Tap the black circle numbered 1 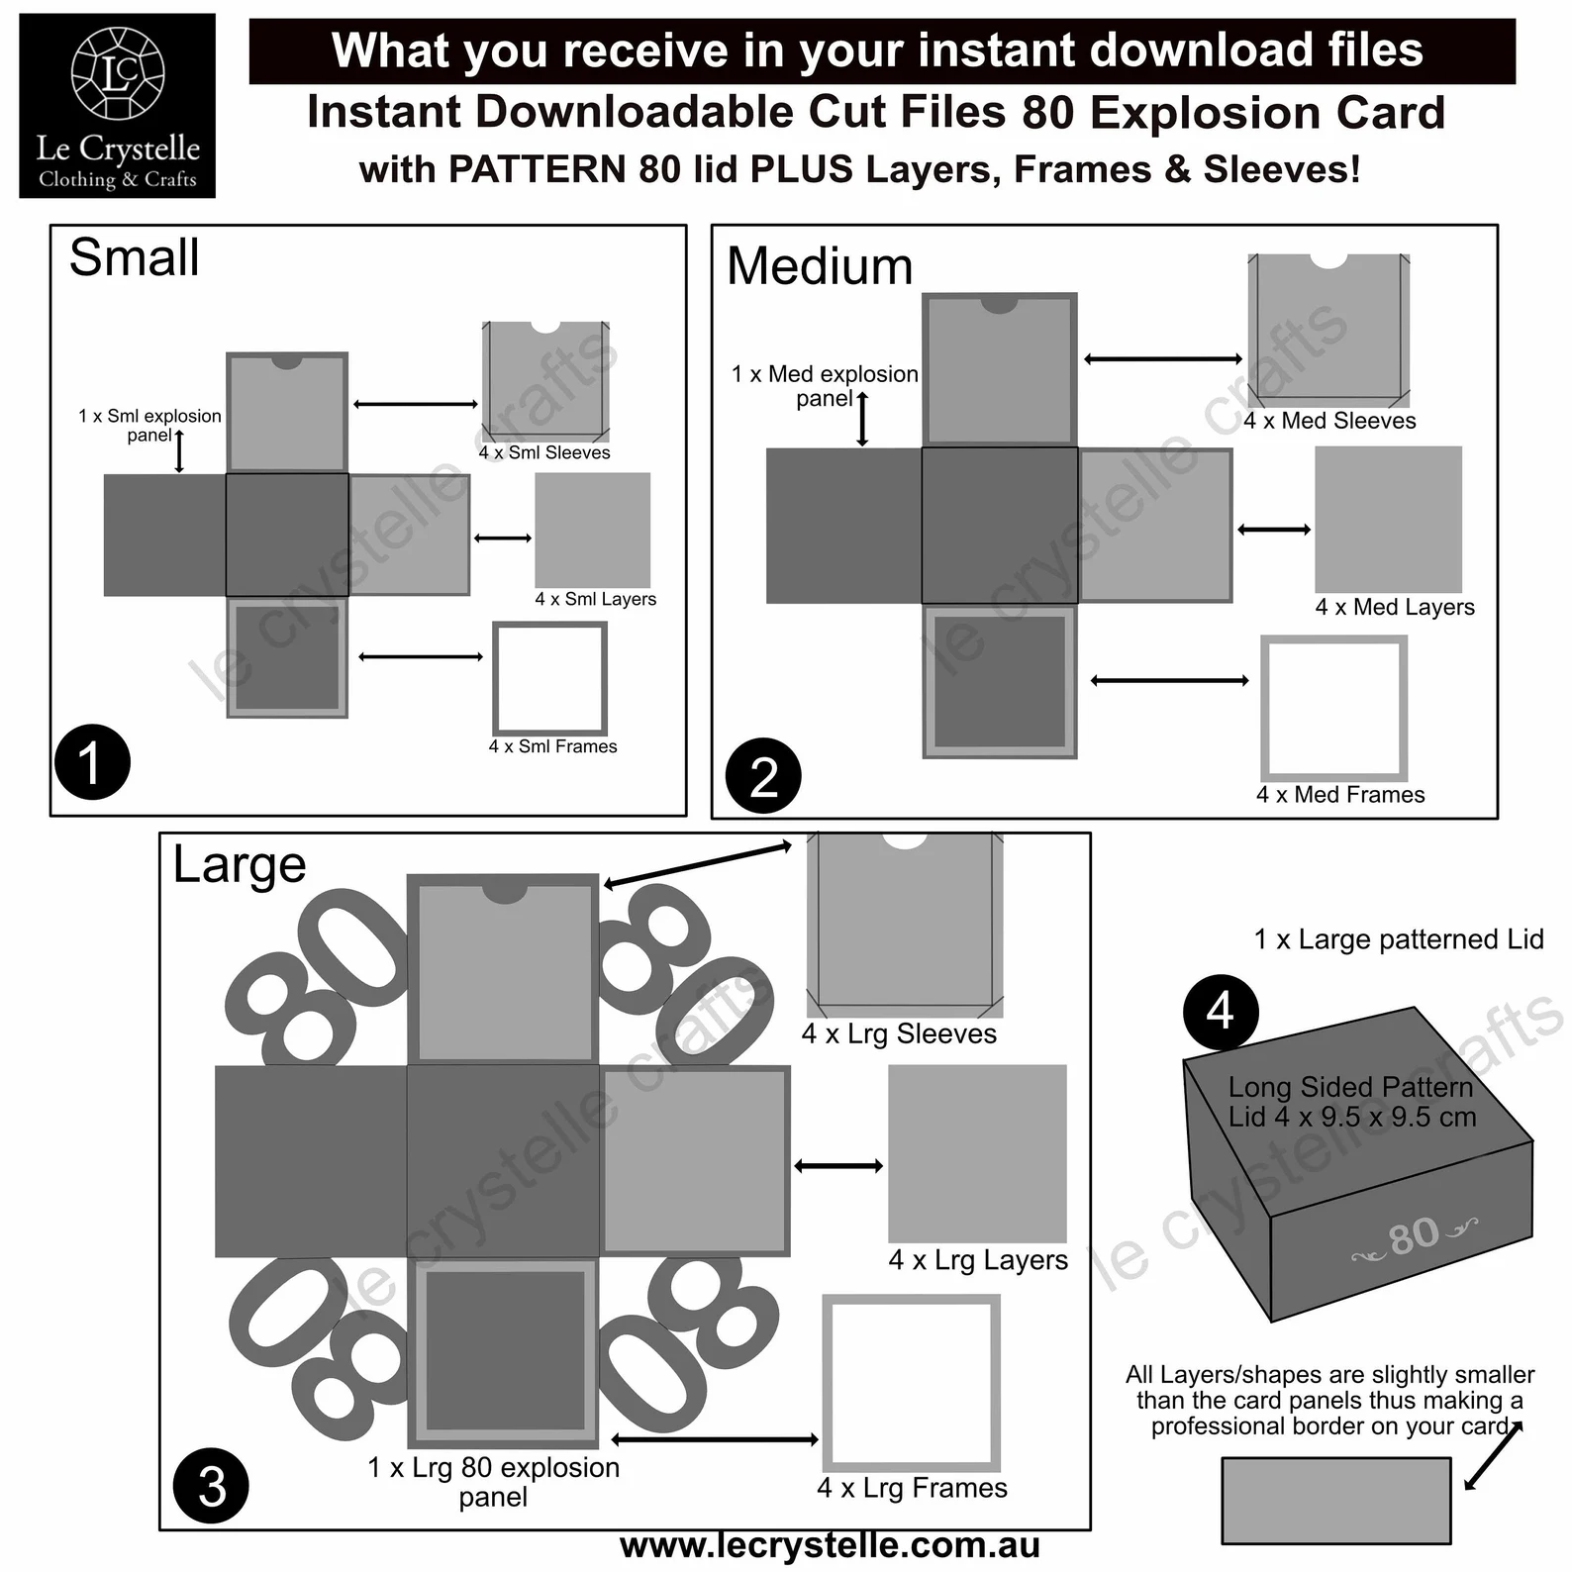(x=92, y=762)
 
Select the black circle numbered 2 (x=763, y=776)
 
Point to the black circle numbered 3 (x=211, y=1486)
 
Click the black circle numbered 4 (x=1221, y=1012)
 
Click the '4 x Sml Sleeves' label (x=544, y=453)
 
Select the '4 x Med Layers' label (x=1394, y=607)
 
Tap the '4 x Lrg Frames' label (x=912, y=1488)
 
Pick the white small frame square (x=549, y=678)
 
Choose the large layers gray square (x=977, y=1153)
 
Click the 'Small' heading (x=135, y=257)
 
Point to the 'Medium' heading (x=820, y=266)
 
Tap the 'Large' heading (x=240, y=864)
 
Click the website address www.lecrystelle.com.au (x=830, y=1545)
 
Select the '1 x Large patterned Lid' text (x=1398, y=939)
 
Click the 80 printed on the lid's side (x=1413, y=1235)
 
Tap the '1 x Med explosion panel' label (x=825, y=386)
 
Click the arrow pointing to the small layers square (x=503, y=539)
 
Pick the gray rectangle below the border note (x=1335, y=1501)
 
